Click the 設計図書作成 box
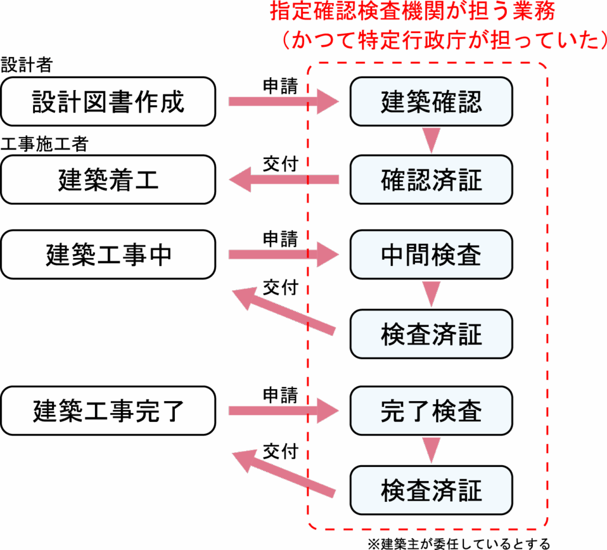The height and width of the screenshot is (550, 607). [108, 101]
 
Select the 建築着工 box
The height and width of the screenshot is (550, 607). [108, 180]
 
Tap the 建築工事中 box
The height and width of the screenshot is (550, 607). [108, 255]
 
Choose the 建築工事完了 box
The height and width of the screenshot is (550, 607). [108, 411]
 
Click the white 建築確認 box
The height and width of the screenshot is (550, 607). [431, 101]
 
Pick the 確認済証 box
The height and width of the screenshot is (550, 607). [431, 180]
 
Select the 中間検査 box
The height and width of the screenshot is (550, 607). [431, 255]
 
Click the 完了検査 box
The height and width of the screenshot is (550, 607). [431, 411]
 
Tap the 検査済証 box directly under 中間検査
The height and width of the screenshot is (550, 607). [431, 334]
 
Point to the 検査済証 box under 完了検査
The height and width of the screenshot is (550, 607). [431, 490]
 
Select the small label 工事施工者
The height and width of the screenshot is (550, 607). [44, 144]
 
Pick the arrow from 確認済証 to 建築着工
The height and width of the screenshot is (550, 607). [282, 180]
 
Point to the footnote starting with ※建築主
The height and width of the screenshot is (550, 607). [459, 543]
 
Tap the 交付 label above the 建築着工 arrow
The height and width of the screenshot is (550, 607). [280, 164]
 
